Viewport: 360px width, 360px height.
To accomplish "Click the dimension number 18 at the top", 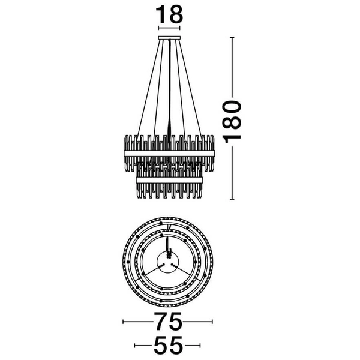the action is coord(169,14).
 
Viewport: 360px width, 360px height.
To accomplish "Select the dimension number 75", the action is coord(167,321).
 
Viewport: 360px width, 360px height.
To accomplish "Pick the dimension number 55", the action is coord(168,346).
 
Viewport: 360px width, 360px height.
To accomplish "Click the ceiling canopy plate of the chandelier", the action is coord(169,38).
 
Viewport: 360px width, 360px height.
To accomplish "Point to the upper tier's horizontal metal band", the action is coord(169,153).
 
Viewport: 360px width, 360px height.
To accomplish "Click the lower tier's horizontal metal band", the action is coord(169,180).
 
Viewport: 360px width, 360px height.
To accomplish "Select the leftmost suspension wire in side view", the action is coord(148,87).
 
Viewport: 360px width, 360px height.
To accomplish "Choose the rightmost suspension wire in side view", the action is coord(190,87).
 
